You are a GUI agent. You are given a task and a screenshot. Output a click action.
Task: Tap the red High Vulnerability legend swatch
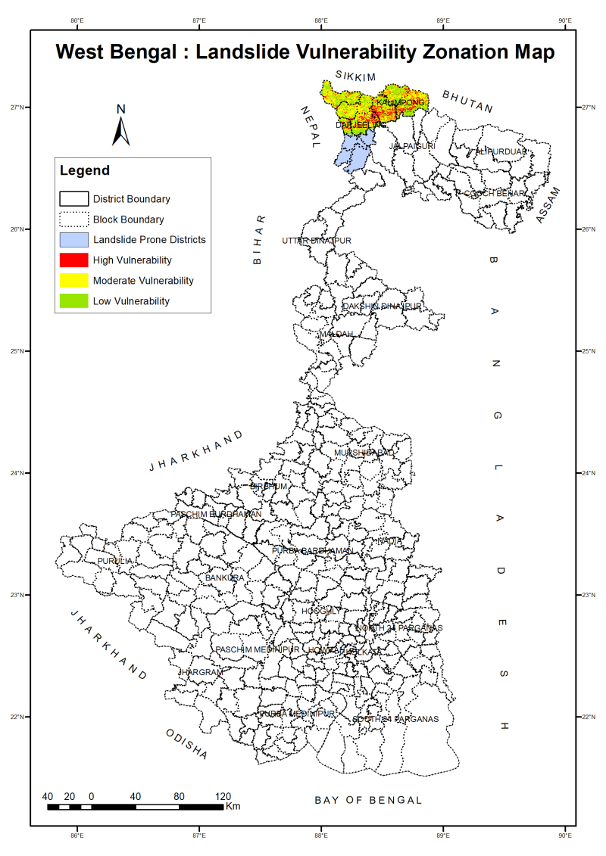point(74,260)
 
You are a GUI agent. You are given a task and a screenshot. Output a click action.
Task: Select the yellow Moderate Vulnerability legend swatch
point(74,281)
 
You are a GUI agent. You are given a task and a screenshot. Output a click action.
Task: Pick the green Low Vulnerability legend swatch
point(74,301)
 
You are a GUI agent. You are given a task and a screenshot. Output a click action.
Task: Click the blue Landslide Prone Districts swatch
point(74,240)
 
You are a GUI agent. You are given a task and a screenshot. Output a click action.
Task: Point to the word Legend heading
point(85,171)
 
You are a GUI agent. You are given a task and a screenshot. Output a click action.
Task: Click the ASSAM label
point(547,204)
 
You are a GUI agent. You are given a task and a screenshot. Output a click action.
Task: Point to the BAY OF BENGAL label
point(368,800)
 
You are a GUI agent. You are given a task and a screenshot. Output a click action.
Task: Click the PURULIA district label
point(114,561)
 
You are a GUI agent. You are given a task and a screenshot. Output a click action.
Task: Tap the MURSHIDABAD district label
point(364,453)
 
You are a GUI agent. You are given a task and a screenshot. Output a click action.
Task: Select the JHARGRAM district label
point(201,672)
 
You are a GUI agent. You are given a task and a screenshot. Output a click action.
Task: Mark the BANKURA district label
point(225,577)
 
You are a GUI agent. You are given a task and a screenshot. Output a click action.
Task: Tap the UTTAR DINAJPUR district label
point(317,241)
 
